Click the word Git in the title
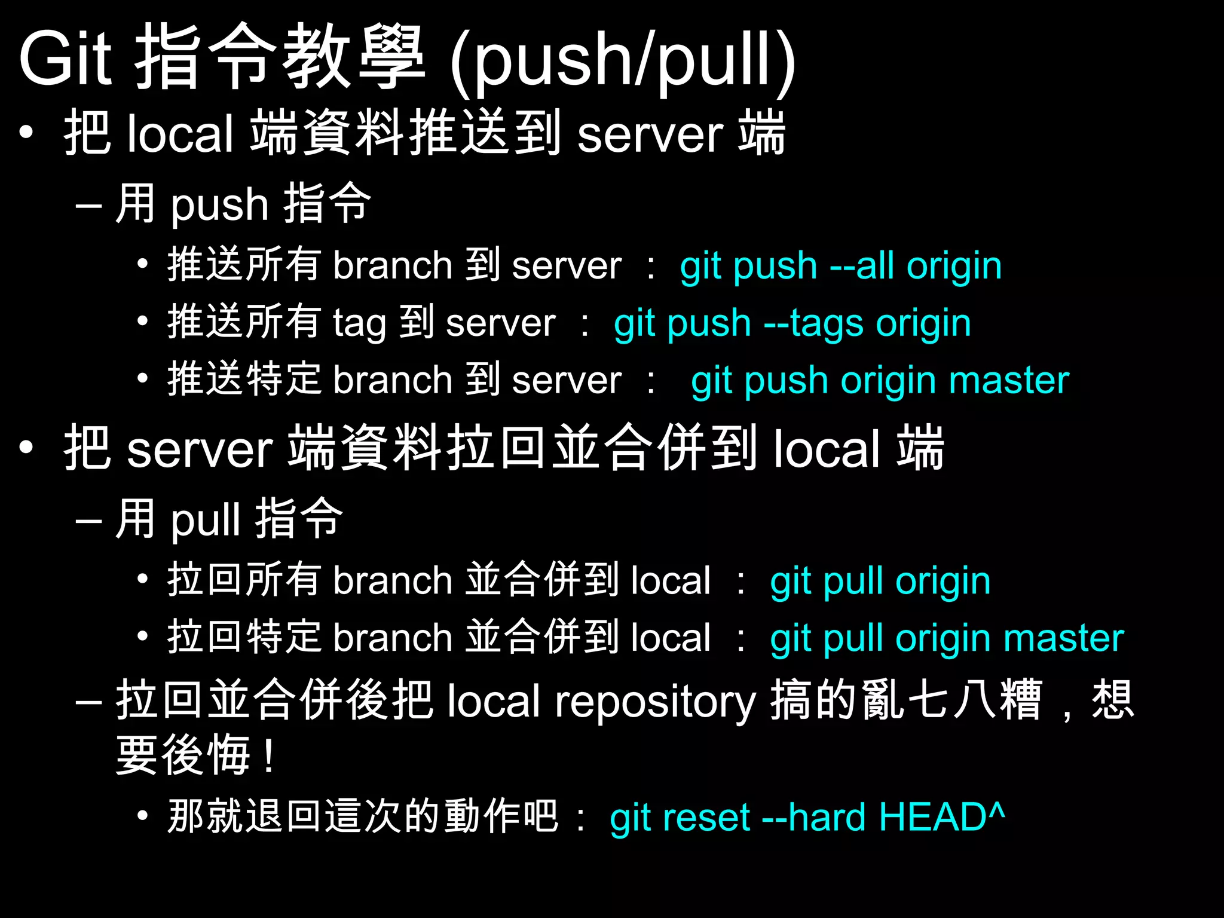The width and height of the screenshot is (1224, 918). coord(66,59)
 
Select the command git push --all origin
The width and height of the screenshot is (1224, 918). coord(841,266)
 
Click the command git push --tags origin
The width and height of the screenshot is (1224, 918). coord(792,323)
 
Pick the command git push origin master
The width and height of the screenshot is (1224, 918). coord(880,381)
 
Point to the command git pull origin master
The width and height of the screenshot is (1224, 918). coord(947,638)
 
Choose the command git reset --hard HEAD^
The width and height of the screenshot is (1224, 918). coord(807,817)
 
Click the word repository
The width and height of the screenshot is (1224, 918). coord(656,702)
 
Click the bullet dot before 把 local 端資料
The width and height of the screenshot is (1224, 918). coord(26,133)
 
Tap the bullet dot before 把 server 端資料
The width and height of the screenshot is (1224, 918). coord(26,447)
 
